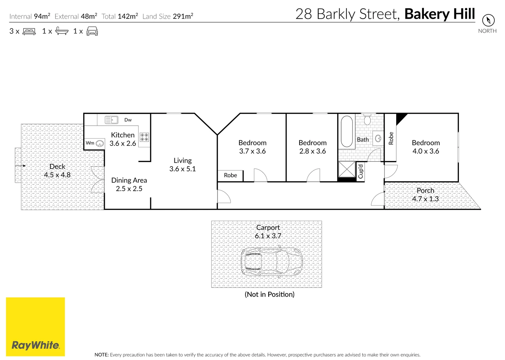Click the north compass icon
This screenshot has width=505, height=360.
coord(488,20)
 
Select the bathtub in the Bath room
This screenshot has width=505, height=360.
coord(347,131)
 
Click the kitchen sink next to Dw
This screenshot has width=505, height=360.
coord(111,120)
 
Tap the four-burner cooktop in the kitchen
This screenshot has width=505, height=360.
coord(144,137)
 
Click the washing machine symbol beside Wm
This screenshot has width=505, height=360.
coord(99,143)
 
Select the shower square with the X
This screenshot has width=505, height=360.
coord(347,169)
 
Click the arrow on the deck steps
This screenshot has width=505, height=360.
coord(21,165)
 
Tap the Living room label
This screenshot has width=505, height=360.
coord(182,161)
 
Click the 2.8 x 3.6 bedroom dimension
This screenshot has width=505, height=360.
coord(313,151)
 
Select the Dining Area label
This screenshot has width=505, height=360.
coord(129,180)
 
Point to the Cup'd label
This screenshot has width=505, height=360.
coord(361,171)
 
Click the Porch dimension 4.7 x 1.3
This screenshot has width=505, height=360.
coord(425,199)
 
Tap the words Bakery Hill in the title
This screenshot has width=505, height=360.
coord(440,14)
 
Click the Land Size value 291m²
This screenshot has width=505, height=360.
coord(183,16)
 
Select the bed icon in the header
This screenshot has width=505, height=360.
coord(29,31)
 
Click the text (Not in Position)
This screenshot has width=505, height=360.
coord(270,294)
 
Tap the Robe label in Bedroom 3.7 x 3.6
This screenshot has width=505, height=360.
coord(230,175)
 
